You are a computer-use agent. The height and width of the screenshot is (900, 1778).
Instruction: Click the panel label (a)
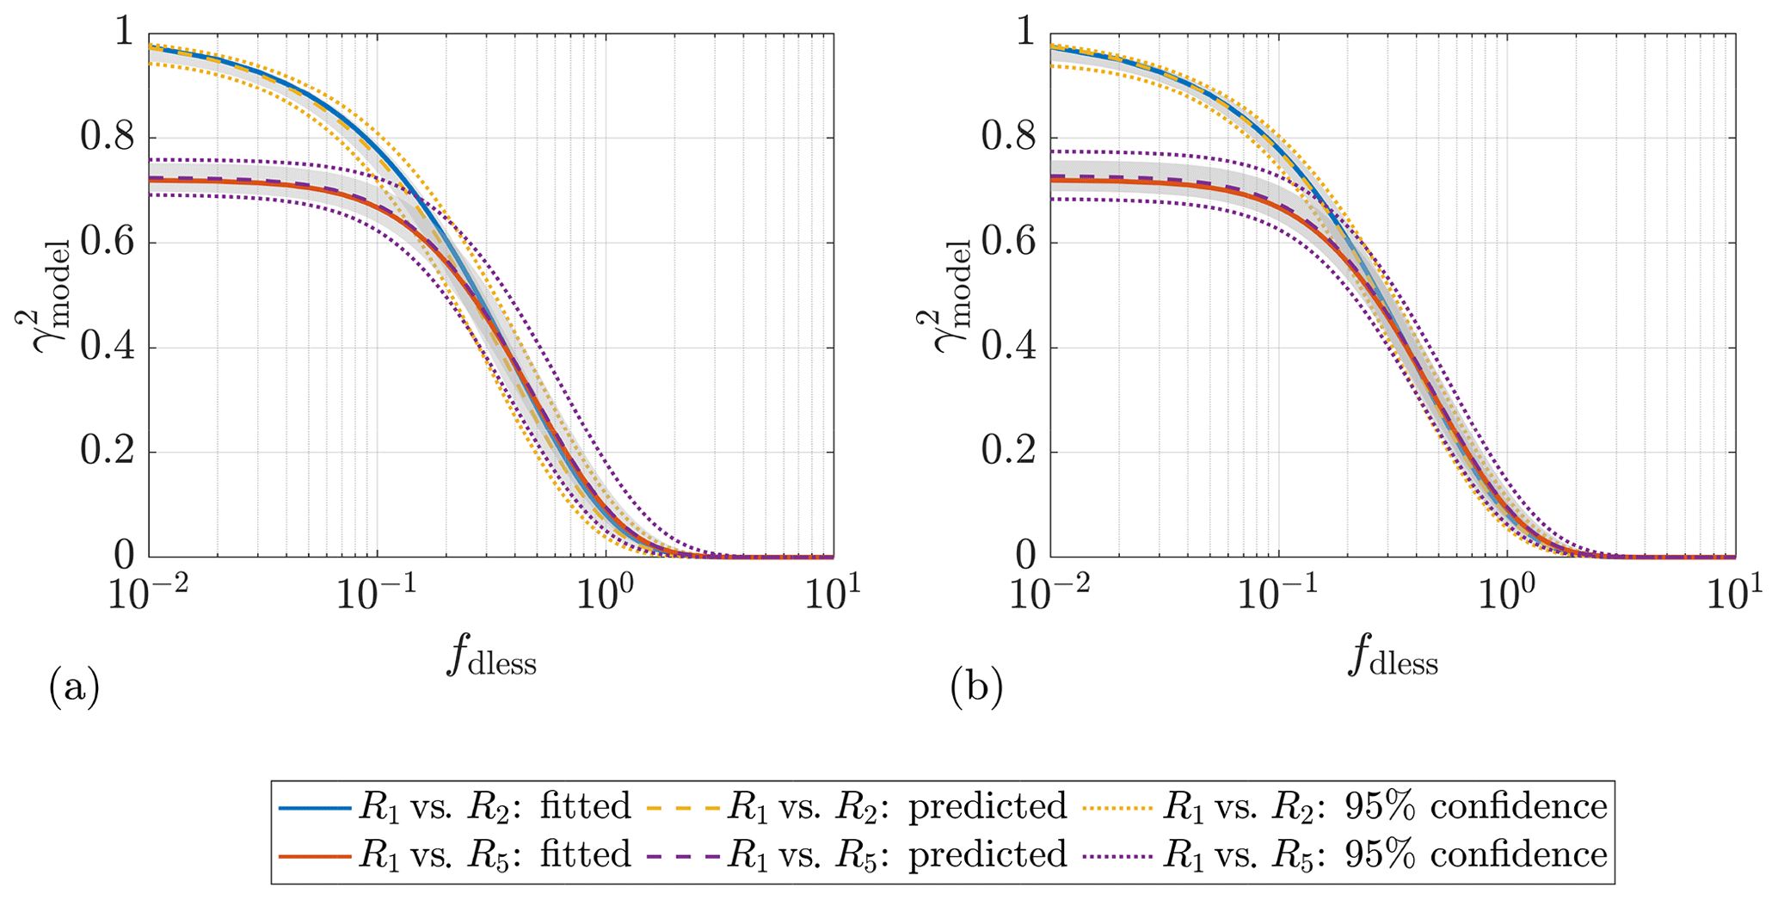click(74, 688)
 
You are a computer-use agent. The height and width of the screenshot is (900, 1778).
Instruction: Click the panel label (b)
click(976, 688)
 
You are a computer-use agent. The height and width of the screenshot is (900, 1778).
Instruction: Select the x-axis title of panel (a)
click(491, 658)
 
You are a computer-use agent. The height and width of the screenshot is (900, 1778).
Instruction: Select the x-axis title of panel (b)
click(1393, 658)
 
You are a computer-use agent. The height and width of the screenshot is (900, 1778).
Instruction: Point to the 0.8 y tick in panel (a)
click(108, 138)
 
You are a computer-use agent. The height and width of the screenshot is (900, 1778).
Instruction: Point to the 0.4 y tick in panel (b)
click(1009, 348)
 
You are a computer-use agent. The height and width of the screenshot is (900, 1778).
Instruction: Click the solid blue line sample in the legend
click(315, 808)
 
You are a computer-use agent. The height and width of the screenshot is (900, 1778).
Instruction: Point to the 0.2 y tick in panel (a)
click(108, 453)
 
